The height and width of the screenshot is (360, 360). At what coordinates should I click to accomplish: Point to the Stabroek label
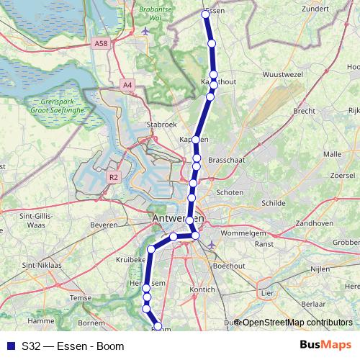[161, 124]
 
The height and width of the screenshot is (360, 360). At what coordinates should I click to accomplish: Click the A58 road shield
[102, 44]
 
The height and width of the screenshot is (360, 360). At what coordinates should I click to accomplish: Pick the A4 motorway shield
[127, 85]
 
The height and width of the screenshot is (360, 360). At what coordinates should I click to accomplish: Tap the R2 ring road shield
[114, 176]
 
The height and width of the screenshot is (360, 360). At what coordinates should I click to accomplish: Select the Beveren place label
[104, 225]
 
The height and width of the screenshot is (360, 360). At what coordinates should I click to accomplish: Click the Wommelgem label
[243, 234]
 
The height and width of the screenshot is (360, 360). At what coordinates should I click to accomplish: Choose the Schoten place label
[230, 193]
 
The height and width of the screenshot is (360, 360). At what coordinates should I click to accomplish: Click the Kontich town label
[202, 289]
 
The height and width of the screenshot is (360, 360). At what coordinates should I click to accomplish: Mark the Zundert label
[317, 9]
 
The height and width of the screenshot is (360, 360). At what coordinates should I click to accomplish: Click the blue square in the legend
[10, 346]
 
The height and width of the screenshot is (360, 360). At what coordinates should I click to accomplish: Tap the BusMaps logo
[325, 346]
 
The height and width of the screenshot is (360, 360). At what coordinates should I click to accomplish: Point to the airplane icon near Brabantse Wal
[147, 31]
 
